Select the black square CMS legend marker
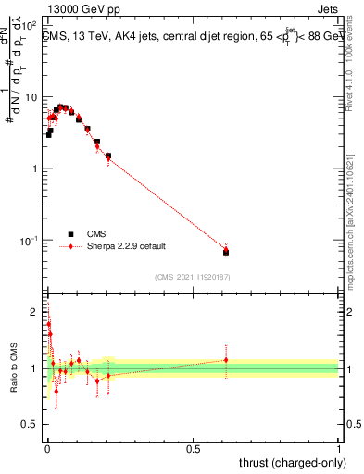70,234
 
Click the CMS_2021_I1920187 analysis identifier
192,276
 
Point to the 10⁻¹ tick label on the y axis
31,241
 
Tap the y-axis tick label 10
32,97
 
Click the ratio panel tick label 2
35,311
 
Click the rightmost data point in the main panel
226,251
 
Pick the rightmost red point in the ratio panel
226,360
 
